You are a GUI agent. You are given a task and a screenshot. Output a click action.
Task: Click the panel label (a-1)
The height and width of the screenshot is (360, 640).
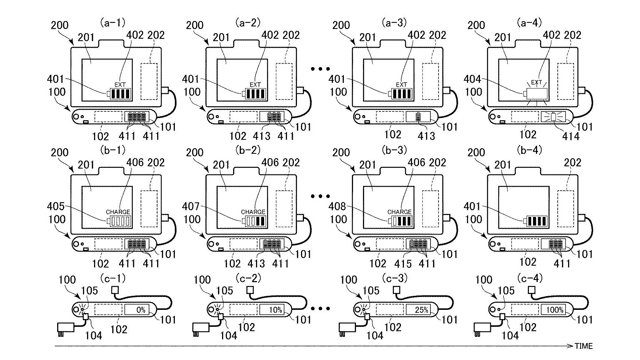point(112,23)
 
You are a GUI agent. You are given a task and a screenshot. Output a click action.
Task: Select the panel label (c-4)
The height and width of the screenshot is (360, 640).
point(530,278)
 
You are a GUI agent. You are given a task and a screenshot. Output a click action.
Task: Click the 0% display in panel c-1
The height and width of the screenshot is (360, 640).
point(141,310)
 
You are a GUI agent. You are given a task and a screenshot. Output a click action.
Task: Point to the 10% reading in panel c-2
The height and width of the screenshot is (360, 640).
point(276,310)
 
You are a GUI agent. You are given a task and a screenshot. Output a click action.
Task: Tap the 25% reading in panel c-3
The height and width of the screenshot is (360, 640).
point(421,310)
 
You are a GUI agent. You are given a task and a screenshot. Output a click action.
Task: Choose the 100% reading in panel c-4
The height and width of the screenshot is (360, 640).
point(555,310)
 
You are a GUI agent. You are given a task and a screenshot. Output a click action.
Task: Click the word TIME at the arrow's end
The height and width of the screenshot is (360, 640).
point(584,346)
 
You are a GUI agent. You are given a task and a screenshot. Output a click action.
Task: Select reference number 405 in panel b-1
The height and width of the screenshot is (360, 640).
point(56,206)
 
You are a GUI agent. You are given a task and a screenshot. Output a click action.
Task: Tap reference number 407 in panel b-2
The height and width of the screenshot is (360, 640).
point(191,206)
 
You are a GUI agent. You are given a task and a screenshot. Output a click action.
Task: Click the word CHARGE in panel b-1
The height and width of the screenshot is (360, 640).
point(118,212)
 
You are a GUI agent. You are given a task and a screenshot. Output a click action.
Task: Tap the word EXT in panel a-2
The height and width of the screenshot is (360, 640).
point(255,84)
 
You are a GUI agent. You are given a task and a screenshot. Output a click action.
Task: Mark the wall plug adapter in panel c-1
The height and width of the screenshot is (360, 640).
point(66,328)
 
